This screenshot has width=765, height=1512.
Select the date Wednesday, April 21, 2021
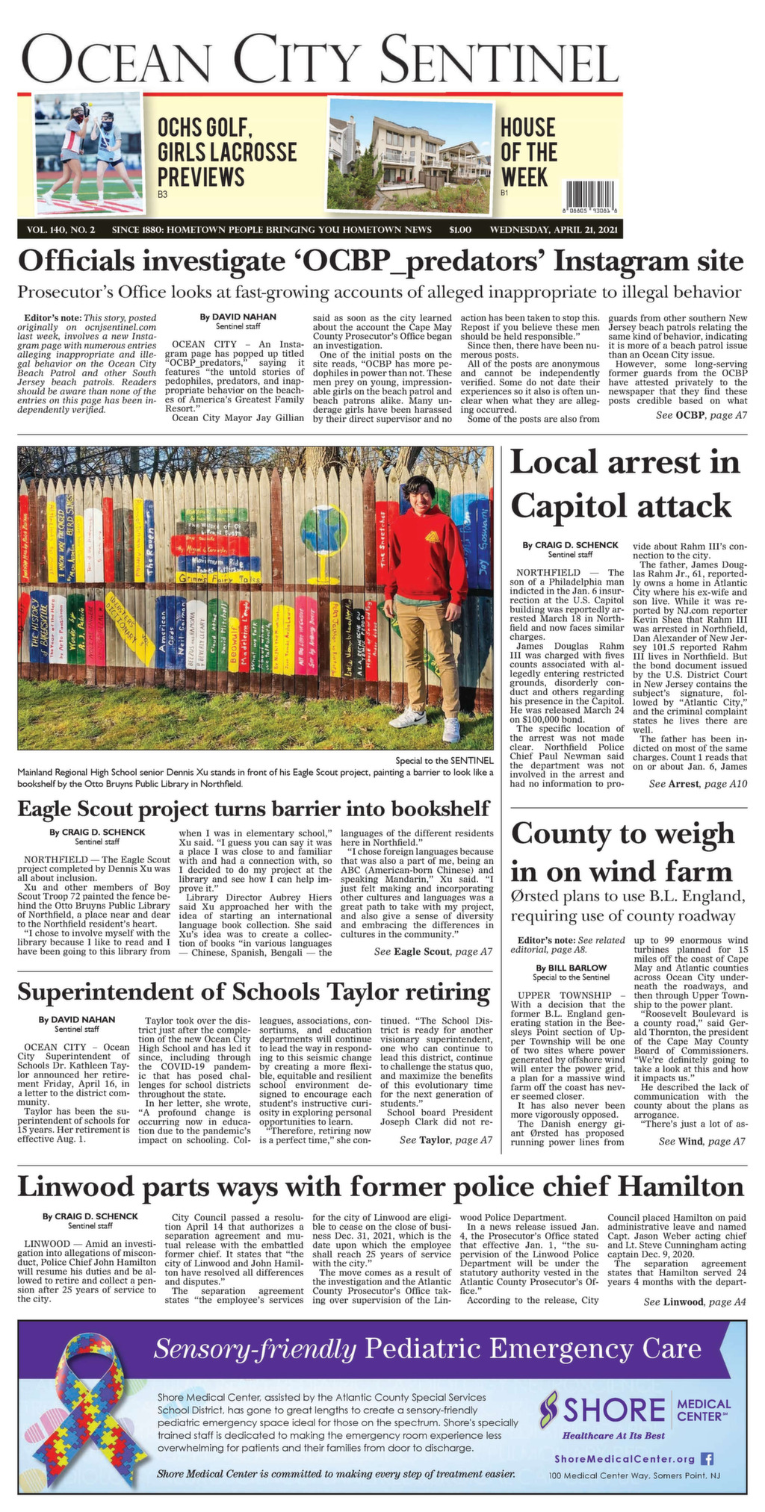pos(554,229)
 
